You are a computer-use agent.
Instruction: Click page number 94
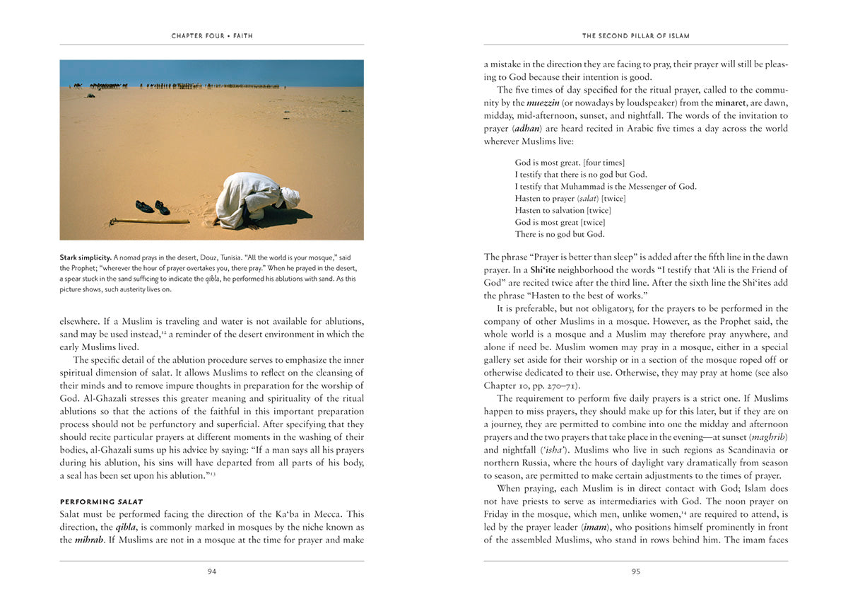click(x=212, y=571)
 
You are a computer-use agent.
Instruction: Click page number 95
click(x=636, y=571)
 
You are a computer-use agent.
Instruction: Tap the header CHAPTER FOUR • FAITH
click(x=212, y=35)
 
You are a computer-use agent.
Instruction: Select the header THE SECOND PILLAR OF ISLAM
click(x=636, y=35)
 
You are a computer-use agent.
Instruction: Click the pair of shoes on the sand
click(x=153, y=207)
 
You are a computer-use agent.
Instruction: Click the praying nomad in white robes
click(x=254, y=200)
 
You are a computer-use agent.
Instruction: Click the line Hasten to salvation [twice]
click(x=563, y=210)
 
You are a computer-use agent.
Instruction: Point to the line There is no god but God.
click(x=560, y=234)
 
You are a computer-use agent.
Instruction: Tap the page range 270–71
click(x=562, y=385)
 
